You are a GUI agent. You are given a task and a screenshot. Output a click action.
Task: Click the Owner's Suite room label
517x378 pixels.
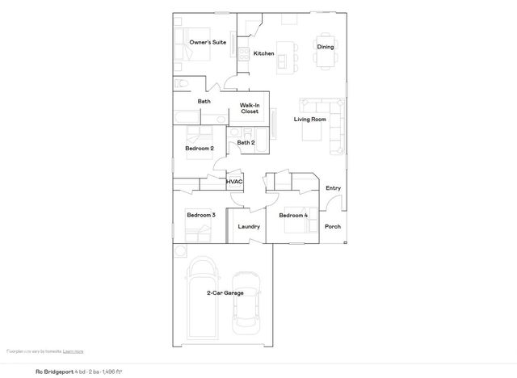point(208,42)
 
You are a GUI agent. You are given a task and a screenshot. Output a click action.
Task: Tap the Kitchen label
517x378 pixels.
point(264,54)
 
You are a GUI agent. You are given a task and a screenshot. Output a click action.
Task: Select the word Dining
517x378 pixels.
point(326,47)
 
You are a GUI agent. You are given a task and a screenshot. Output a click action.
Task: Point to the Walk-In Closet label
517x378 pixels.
point(250,108)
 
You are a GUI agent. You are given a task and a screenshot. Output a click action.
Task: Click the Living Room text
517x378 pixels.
point(309,120)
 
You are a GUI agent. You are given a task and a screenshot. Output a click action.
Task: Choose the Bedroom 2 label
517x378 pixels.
point(200,149)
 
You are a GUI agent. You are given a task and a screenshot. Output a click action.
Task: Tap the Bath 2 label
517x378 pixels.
point(246,143)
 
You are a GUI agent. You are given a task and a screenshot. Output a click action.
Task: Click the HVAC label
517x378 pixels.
point(235,182)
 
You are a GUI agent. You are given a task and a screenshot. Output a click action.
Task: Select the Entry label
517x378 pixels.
point(333,188)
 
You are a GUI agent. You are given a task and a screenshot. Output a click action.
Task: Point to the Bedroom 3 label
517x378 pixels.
point(200,216)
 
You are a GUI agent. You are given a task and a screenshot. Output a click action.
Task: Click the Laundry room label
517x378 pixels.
point(249,227)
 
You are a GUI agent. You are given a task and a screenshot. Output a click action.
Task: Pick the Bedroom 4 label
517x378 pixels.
point(293,216)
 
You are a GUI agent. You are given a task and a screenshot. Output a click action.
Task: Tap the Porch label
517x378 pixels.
point(333,227)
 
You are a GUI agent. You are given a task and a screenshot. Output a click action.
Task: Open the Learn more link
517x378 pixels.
point(74,351)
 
